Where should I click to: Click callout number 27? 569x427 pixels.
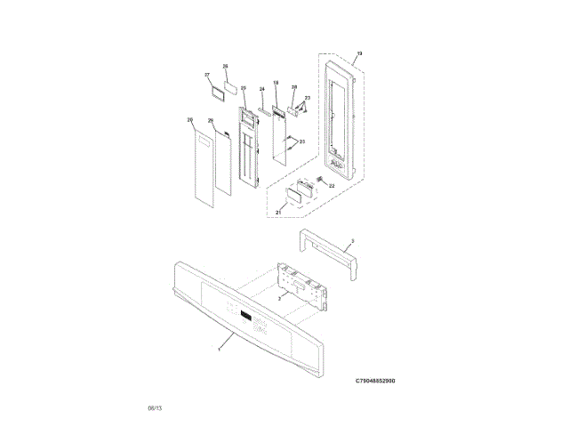(206, 75)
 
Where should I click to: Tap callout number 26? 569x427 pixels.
(225, 67)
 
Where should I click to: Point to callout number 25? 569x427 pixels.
(243, 88)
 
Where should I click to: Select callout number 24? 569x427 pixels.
(261, 90)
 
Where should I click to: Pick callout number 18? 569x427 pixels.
(276, 83)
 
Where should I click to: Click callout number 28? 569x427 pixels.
(293, 87)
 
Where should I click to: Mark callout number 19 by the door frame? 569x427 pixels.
(360, 54)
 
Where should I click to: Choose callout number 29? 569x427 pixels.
(211, 120)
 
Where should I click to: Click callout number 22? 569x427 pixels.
(332, 186)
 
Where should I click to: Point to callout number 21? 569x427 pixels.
(278, 213)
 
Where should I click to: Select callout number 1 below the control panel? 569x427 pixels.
(219, 348)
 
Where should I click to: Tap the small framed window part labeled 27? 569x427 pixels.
(216, 91)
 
